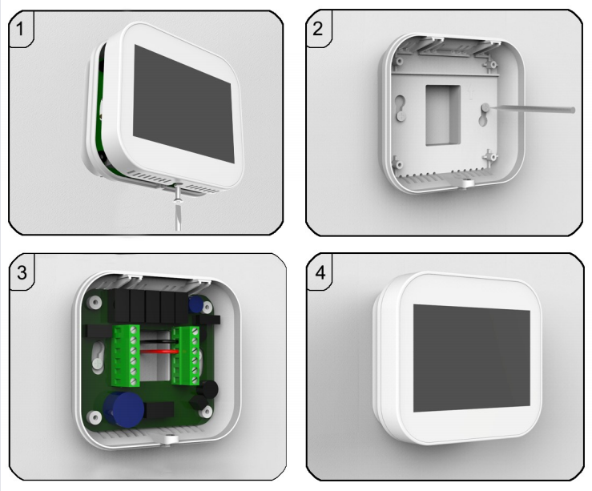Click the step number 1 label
click(x=20, y=29)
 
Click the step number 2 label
click(x=318, y=29)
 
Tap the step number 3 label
click(x=22, y=272)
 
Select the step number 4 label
click(x=320, y=272)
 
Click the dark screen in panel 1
click(x=183, y=104)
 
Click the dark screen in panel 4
click(x=472, y=358)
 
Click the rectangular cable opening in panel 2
click(x=443, y=115)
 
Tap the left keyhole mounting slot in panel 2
click(x=401, y=107)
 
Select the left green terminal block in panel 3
click(x=126, y=356)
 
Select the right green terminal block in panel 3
click(x=186, y=356)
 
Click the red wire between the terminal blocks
click(x=159, y=352)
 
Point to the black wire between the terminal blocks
click(x=158, y=341)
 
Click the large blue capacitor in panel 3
click(x=123, y=409)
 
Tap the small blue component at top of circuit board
click(x=195, y=304)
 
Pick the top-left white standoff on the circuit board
click(x=94, y=302)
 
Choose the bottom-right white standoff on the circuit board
click(x=206, y=412)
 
